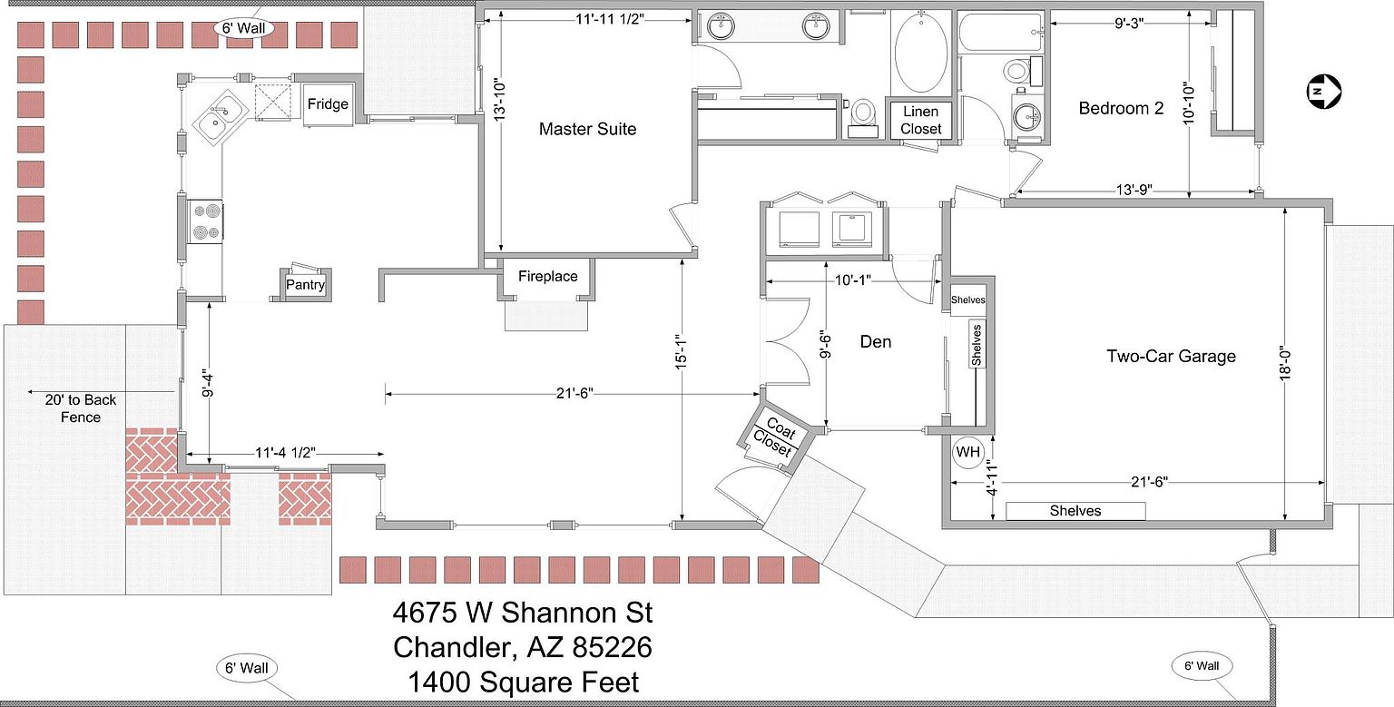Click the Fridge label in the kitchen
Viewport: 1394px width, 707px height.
[328, 104]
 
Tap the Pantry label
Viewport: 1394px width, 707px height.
[305, 284]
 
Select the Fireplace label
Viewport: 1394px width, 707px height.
[547, 276]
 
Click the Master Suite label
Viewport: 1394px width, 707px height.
[587, 129]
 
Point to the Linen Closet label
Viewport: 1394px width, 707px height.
[920, 120]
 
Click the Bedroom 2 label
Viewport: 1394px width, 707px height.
[1121, 108]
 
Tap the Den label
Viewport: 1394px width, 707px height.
[876, 341]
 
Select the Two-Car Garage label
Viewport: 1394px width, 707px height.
[1171, 356]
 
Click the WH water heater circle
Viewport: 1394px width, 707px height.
[967, 452]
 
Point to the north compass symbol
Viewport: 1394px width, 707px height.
[1324, 92]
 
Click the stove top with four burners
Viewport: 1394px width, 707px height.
[205, 221]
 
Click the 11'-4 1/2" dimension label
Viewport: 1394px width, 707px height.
[286, 453]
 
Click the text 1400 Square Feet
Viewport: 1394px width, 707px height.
[523, 682]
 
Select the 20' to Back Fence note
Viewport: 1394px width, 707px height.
[80, 408]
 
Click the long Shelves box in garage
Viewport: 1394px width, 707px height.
[1075, 511]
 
